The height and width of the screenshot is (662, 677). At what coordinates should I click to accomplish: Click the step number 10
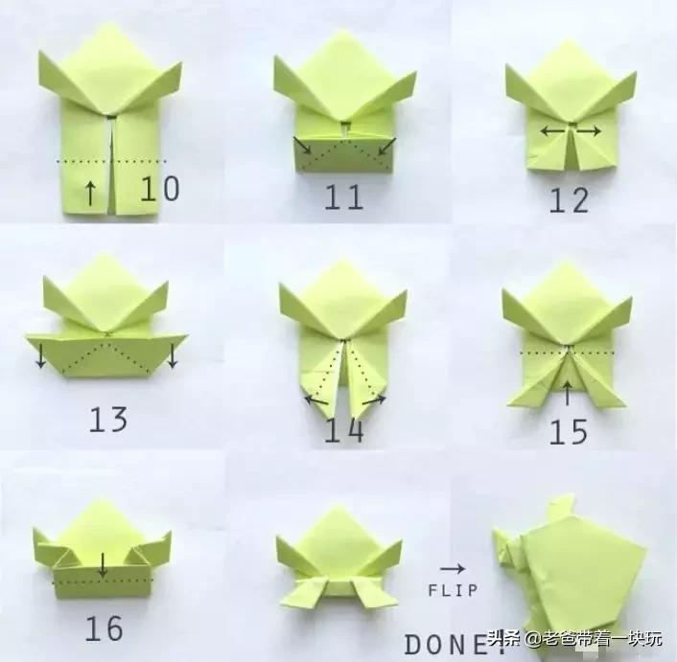click(159, 189)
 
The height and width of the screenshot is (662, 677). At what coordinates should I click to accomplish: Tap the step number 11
click(342, 197)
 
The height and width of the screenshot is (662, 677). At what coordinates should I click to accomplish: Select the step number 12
click(569, 200)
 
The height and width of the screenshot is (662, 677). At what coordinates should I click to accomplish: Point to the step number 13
click(108, 419)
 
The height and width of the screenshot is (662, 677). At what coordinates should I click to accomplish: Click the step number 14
click(343, 431)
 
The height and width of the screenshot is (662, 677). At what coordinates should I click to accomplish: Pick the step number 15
click(569, 432)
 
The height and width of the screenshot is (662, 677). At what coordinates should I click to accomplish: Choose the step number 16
click(104, 628)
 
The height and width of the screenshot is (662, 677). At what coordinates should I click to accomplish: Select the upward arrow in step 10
click(90, 193)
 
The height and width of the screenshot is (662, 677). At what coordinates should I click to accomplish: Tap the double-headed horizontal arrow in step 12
click(570, 130)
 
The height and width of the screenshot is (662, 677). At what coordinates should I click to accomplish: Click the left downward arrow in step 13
click(40, 355)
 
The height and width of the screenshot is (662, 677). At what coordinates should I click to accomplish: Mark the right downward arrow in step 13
click(172, 355)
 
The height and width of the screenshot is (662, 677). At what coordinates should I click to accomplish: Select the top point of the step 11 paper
click(343, 34)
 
